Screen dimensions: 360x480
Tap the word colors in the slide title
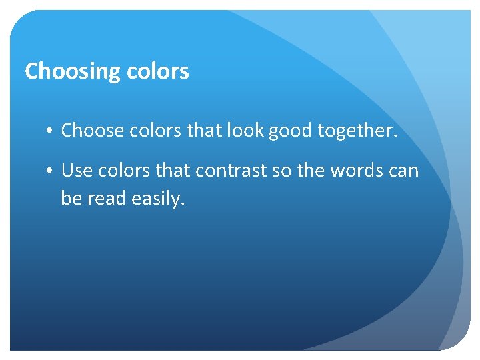coord(159,71)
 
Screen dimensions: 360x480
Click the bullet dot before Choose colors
coord(51,131)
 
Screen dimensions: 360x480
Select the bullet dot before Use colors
coord(51,171)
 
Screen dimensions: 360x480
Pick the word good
coord(291,131)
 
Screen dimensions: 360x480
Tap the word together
coord(357,131)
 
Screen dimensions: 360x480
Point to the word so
coord(282,171)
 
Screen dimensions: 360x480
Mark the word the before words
coord(310,171)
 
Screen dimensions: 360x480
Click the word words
coord(357,171)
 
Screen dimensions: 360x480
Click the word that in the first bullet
coord(203,131)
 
